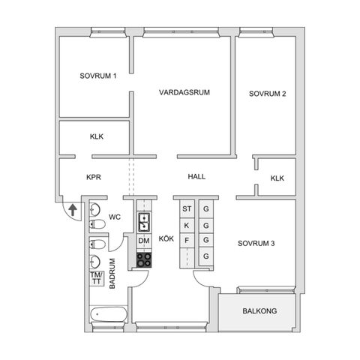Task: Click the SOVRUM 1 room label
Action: tap(98, 76)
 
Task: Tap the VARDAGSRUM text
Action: tap(184, 92)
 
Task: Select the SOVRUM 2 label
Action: tap(268, 94)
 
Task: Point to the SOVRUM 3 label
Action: tap(257, 243)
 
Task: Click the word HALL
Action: tap(196, 177)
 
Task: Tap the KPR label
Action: tap(94, 178)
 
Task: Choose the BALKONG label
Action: tap(258, 310)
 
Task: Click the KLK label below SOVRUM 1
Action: tap(97, 136)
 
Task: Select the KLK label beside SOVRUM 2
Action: tap(277, 178)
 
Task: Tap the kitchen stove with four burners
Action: tap(144, 259)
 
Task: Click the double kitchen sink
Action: tap(144, 221)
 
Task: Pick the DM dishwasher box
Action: tap(143, 240)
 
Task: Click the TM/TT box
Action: tap(96, 277)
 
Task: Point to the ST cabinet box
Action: tap(187, 208)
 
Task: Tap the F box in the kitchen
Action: tap(187, 240)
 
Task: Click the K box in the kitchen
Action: tap(187, 224)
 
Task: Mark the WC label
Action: tap(115, 217)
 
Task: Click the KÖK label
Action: tap(166, 239)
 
